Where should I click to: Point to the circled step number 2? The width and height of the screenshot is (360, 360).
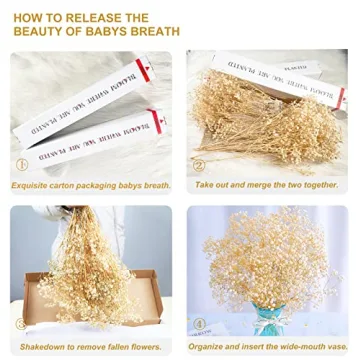pos(198,166)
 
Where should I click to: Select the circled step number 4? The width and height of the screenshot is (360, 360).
pos(198,324)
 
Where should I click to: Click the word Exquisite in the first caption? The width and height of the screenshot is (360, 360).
pos(33,185)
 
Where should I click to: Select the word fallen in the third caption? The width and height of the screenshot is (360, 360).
pos(124,343)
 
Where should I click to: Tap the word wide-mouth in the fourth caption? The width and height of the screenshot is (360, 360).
pos(300,343)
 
